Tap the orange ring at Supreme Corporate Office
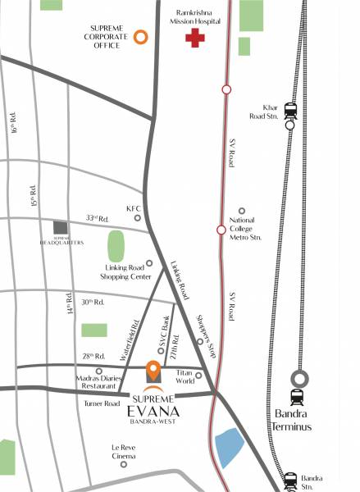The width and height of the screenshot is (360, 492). [141, 36]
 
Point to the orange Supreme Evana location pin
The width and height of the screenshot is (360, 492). [153, 372]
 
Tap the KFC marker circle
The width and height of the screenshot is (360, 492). [138, 217]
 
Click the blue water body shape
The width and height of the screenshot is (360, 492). [230, 448]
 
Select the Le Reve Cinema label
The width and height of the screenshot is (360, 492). [123, 451]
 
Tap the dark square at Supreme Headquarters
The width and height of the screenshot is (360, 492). [59, 227]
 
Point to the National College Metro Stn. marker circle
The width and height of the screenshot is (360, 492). [241, 211]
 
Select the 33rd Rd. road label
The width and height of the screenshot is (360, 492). [98, 218]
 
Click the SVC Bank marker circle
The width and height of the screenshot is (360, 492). [161, 351]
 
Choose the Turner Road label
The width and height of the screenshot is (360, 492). [103, 403]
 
